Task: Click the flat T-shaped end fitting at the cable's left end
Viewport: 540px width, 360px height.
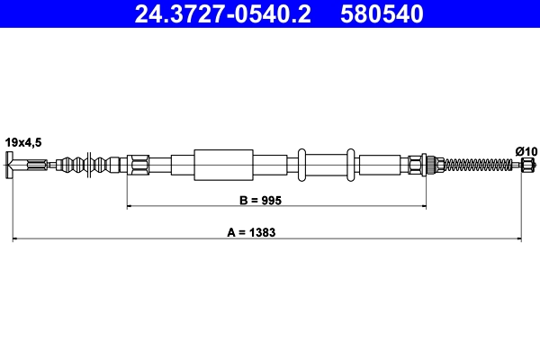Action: pyautogui.click(x=12, y=165)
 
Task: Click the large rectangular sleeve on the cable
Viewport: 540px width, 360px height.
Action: pyautogui.click(x=221, y=165)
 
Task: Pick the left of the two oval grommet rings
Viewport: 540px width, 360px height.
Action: pyautogui.click(x=304, y=165)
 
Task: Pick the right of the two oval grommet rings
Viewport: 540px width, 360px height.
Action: pyautogui.click(x=351, y=165)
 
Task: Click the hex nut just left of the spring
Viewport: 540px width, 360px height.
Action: pyautogui.click(x=417, y=164)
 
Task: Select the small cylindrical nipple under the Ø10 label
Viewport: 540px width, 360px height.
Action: pyautogui.click(x=526, y=165)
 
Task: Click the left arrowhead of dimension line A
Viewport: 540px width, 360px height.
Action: pyautogui.click(x=14, y=239)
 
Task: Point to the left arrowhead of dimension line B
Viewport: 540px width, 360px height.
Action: pyautogui.click(x=130, y=206)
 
